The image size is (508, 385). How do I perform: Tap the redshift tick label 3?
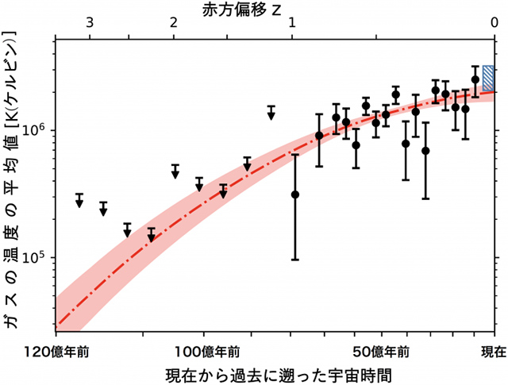[90, 25]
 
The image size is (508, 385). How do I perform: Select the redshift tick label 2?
[173, 25]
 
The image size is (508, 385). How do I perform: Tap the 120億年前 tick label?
[56, 351]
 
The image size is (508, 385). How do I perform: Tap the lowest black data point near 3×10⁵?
[295, 194]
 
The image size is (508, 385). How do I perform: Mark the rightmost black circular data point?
[475, 79]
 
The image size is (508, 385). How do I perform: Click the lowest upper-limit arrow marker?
[151, 237]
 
